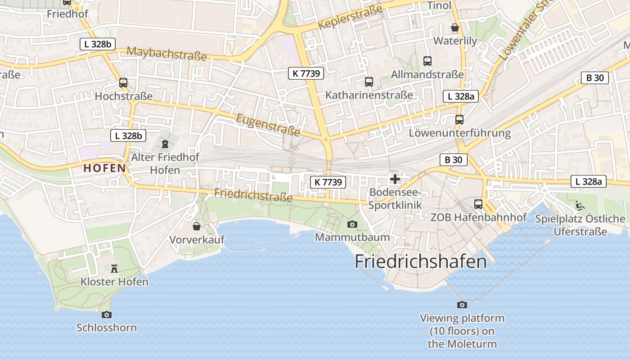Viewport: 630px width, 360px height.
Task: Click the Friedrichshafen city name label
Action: [421, 261]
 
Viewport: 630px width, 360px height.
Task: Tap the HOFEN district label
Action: [104, 168]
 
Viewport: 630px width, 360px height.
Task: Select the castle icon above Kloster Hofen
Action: [114, 269]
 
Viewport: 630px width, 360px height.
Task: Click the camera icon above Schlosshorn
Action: [107, 315]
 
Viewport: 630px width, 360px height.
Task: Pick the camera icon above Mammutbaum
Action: [352, 224]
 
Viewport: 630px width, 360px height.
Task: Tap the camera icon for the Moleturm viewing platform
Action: [462, 305]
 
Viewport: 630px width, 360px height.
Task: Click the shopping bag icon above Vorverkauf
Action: [197, 226]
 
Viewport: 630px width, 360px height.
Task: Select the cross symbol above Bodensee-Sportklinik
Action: [395, 180]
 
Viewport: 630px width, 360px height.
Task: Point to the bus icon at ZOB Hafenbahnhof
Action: [478, 204]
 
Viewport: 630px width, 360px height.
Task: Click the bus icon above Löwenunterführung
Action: [459, 120]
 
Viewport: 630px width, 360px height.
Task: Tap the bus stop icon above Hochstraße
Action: [123, 83]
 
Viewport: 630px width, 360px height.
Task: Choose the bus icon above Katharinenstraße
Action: [369, 82]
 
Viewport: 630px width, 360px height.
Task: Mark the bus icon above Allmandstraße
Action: [427, 61]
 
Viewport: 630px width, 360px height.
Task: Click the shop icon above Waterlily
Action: [455, 27]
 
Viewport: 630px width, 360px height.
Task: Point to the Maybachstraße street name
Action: [166, 54]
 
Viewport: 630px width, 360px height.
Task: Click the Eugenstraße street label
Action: [268, 125]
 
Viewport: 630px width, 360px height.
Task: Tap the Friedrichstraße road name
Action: [254, 195]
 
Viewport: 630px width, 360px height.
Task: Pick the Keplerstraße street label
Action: [350, 17]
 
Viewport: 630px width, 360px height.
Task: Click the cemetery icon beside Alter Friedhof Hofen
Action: [165, 144]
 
